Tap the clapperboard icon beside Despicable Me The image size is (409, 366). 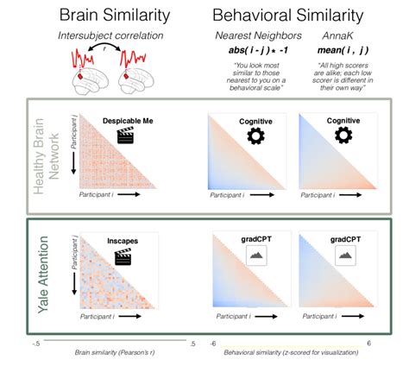[128, 136]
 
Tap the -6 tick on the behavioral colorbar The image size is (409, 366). [213, 343]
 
